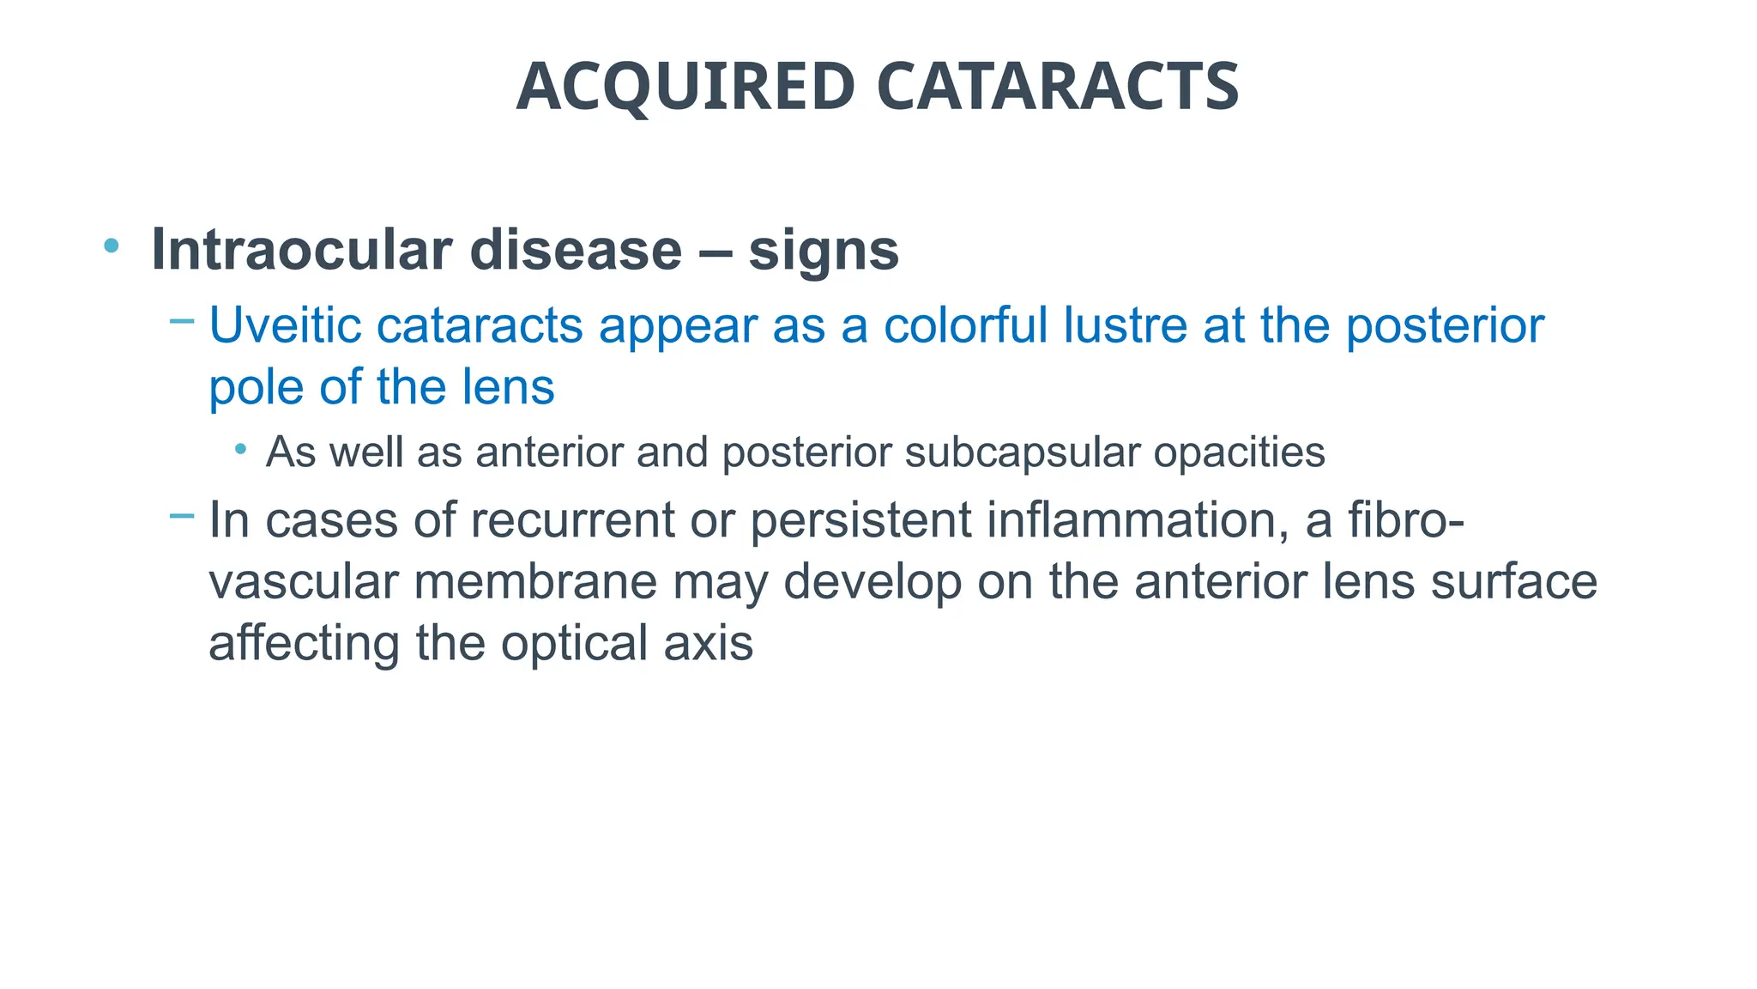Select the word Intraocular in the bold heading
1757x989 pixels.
(x=301, y=250)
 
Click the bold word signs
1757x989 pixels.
(x=824, y=252)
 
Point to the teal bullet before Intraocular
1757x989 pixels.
(x=111, y=246)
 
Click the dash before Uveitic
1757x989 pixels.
(x=182, y=322)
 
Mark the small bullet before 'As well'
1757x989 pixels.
(x=241, y=449)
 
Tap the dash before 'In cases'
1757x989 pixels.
(x=182, y=516)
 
